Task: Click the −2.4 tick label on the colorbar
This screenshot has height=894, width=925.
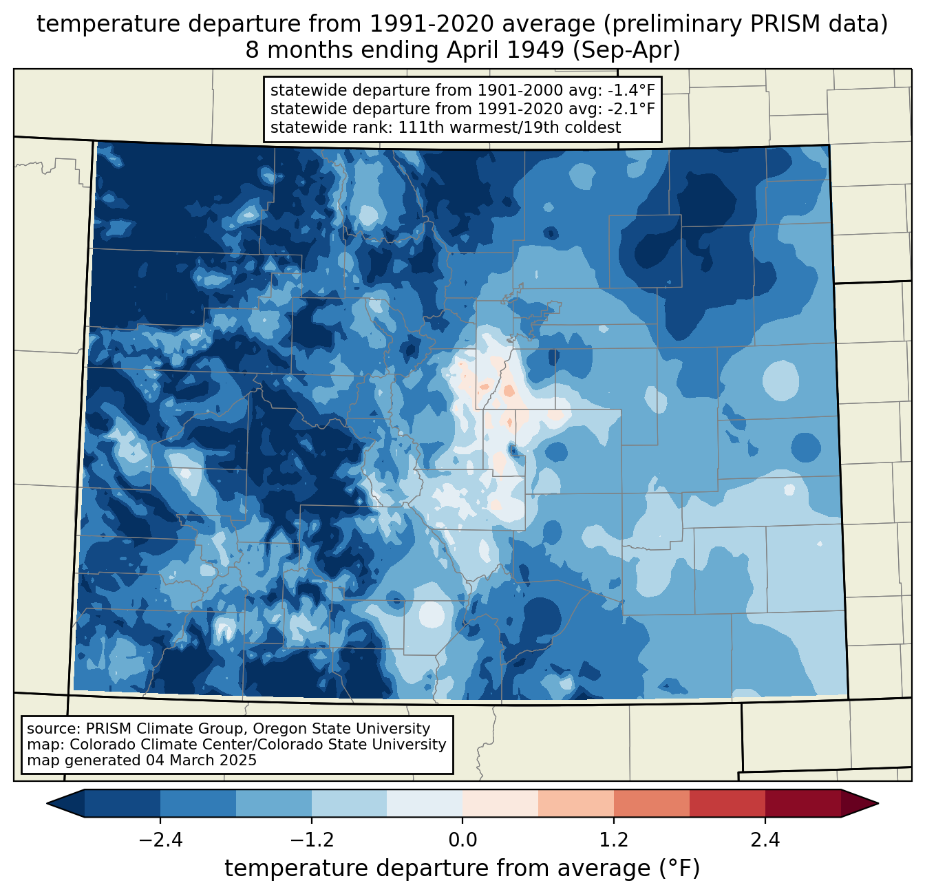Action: (160, 840)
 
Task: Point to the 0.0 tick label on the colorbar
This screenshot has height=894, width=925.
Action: (463, 840)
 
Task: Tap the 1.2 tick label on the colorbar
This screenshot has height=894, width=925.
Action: (614, 840)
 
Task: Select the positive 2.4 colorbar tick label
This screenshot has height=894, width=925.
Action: (765, 840)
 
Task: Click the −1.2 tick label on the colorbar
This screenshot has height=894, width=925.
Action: (311, 840)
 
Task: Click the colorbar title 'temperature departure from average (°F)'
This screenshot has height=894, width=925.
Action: (462, 869)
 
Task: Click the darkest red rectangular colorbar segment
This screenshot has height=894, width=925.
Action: (802, 803)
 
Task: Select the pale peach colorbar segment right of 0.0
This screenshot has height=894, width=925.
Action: (500, 803)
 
